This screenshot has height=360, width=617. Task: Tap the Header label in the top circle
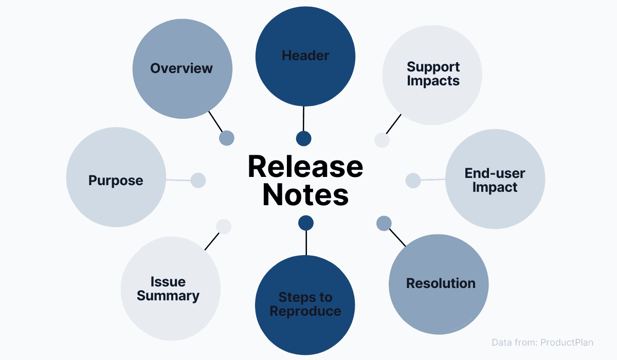pyautogui.click(x=305, y=56)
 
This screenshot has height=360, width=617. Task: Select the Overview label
pyautogui.click(x=182, y=68)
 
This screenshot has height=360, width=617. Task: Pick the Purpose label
pyautogui.click(x=116, y=181)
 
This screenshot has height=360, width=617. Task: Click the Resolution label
pyautogui.click(x=441, y=283)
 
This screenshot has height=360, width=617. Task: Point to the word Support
pyautogui.click(x=433, y=67)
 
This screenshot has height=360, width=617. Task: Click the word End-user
pyautogui.click(x=495, y=173)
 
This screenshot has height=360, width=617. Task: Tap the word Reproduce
pyautogui.click(x=305, y=311)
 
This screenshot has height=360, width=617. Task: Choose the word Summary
pyautogui.click(x=168, y=296)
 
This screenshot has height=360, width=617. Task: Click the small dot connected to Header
pyautogui.click(x=304, y=138)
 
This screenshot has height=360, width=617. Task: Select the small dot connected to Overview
pyautogui.click(x=227, y=138)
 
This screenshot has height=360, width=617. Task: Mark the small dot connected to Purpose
pyautogui.click(x=198, y=180)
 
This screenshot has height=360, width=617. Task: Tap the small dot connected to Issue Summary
pyautogui.click(x=224, y=226)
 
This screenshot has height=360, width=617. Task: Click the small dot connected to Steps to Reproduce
pyautogui.click(x=306, y=223)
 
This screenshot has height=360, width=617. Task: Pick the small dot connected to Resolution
pyautogui.click(x=384, y=223)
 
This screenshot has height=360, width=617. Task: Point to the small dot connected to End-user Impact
pyautogui.click(x=413, y=181)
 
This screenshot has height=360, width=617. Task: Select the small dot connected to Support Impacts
pyautogui.click(x=382, y=140)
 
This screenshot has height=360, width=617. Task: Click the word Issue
pyautogui.click(x=168, y=282)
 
